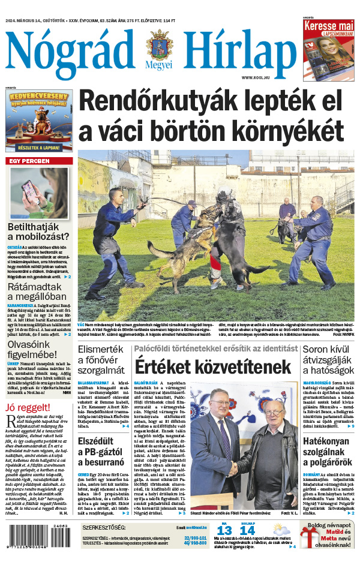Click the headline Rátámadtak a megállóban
coord(38,295)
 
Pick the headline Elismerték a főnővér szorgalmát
coord(103,359)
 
